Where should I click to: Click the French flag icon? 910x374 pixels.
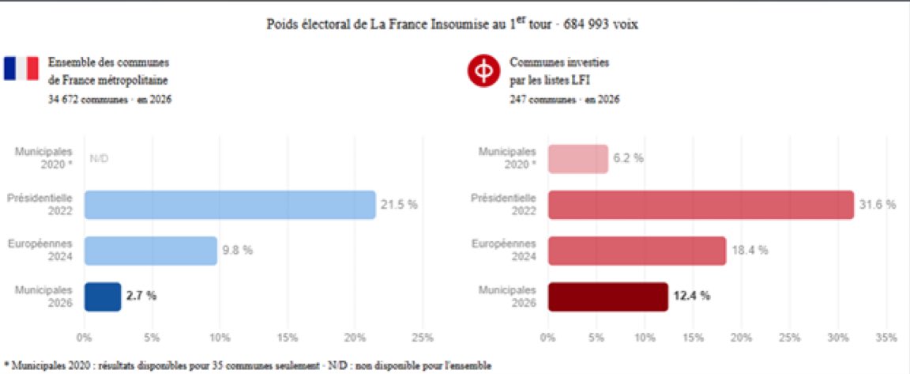(21, 69)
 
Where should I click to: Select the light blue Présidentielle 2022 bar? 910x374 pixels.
(230, 205)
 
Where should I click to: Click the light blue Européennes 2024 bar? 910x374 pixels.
(150, 251)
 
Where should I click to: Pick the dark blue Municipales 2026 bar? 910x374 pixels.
(103, 297)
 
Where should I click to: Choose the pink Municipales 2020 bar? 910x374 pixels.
(577, 158)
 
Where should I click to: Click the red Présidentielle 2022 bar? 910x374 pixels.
(701, 205)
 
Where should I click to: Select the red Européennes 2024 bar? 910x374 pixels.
(637, 251)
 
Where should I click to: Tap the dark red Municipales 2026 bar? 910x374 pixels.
(607, 297)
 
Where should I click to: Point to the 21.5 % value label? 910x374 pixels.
(399, 205)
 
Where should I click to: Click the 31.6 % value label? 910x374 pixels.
(877, 205)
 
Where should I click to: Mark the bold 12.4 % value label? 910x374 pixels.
(691, 297)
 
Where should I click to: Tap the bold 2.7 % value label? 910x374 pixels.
(141, 297)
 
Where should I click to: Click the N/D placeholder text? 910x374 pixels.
(99, 158)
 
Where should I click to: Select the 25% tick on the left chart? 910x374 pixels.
(423, 338)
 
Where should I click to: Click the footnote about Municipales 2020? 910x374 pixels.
(247, 365)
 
